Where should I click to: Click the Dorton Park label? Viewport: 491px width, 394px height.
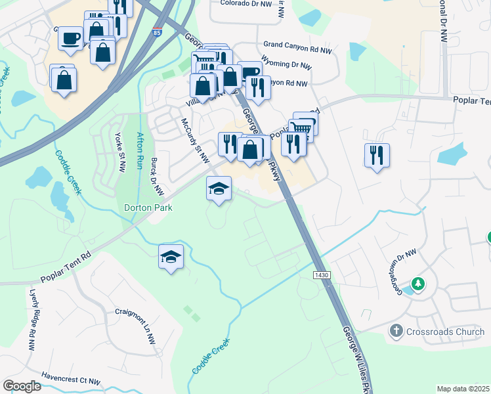(149, 208)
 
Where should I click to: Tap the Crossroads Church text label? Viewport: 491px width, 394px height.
(446, 332)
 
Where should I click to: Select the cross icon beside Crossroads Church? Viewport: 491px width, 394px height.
(396, 331)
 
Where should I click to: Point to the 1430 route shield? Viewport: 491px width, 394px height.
(321, 275)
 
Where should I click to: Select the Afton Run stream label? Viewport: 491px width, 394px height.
(139, 152)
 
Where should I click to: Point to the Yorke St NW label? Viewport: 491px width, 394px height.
(119, 152)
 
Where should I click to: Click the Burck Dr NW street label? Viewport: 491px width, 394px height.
(157, 176)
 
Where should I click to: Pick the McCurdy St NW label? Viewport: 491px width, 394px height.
(194, 141)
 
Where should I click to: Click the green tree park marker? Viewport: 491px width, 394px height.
(417, 284)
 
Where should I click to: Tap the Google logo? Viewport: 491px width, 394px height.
(21, 386)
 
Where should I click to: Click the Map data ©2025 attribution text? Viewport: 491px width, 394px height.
(463, 389)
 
